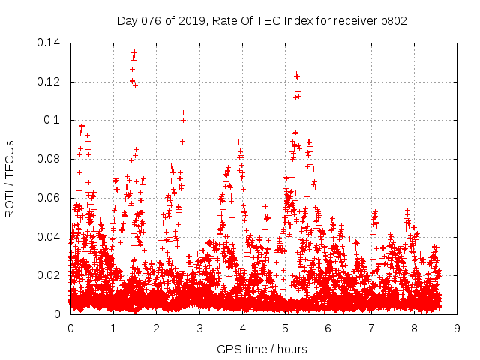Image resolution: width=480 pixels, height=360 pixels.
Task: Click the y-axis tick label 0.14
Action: (52, 43)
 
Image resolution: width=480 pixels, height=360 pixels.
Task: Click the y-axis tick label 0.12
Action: (52, 82)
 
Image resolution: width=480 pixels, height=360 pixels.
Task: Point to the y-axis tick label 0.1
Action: (55, 120)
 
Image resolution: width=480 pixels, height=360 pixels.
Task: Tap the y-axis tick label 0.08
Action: (52, 159)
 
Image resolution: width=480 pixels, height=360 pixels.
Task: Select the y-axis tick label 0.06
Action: (52, 198)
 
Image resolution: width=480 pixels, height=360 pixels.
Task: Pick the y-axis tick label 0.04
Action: (52, 237)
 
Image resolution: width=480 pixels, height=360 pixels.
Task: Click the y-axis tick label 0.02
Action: (52, 275)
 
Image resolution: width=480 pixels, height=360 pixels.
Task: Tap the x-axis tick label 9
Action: (457, 328)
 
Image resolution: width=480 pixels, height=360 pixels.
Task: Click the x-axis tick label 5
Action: (285, 328)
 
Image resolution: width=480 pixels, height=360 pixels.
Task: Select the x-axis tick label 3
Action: (199, 328)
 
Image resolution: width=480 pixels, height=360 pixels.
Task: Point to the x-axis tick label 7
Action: (371, 328)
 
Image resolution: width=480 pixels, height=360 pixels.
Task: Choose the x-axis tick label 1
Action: (113, 328)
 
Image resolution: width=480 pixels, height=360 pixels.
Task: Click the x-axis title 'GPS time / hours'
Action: (262, 349)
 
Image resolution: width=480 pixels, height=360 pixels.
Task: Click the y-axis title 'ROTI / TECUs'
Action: (10, 178)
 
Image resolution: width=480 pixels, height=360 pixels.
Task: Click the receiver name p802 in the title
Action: (393, 20)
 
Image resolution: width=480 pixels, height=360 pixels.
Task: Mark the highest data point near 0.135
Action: (134, 52)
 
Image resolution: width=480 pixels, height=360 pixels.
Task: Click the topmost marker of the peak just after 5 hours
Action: (296, 73)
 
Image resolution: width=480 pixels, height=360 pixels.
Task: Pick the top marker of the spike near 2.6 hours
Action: (183, 112)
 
